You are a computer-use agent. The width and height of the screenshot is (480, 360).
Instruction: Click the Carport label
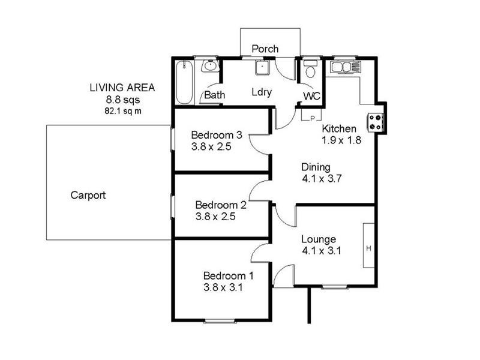click(x=88, y=195)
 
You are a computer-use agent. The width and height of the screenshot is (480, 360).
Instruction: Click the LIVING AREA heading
click(x=122, y=88)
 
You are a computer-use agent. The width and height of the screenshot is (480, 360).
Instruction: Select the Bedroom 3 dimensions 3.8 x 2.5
click(x=211, y=146)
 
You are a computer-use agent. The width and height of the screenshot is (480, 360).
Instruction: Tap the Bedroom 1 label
click(x=228, y=276)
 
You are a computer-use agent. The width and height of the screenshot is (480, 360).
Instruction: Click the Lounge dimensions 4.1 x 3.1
click(x=321, y=251)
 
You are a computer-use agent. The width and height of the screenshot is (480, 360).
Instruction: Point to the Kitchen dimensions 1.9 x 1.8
click(x=343, y=140)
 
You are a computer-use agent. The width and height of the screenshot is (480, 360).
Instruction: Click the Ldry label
click(x=262, y=92)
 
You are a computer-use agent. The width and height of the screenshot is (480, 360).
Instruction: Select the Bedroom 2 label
click(x=220, y=204)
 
